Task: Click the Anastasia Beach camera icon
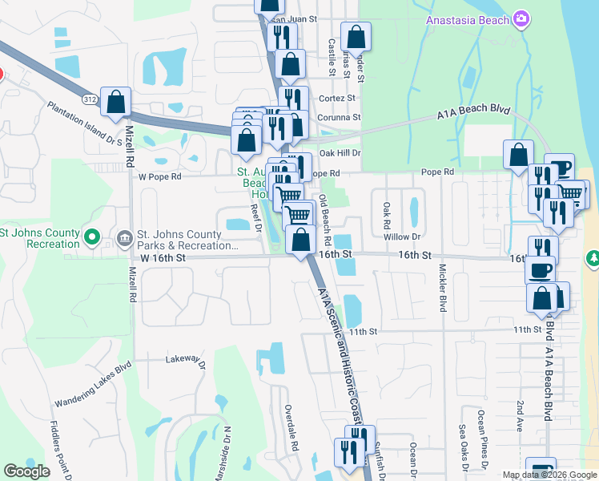[521, 18]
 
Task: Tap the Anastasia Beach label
[468, 19]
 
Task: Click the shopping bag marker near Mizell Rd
[116, 102]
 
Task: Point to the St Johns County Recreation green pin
[91, 237]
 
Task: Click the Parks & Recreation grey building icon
[124, 237]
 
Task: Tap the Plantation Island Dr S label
[85, 123]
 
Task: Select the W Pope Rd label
[160, 176]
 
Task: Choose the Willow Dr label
[401, 237]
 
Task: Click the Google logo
[27, 472]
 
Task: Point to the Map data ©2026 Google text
[549, 475]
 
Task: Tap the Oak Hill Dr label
[340, 152]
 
